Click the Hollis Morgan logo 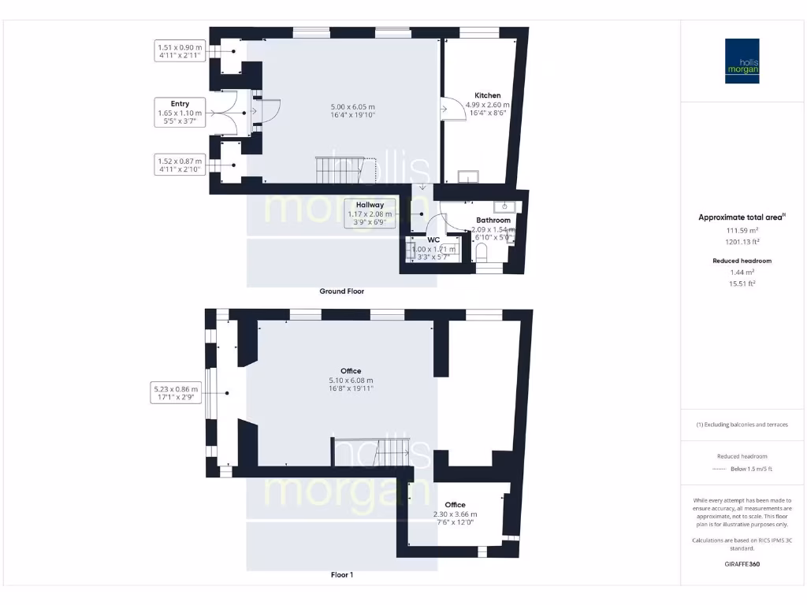click(742, 61)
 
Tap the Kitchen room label click(487, 95)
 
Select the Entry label click(180, 103)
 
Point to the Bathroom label click(493, 221)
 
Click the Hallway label click(370, 205)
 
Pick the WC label click(433, 239)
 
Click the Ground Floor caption click(341, 291)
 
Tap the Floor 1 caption click(341, 575)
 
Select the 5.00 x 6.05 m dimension click(352, 107)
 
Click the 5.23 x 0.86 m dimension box click(177, 393)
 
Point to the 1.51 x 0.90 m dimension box click(180, 51)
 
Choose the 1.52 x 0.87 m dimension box click(180, 165)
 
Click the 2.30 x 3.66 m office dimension click(455, 514)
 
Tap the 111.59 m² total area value click(742, 230)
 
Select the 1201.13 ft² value click(742, 242)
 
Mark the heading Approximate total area click(741, 217)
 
